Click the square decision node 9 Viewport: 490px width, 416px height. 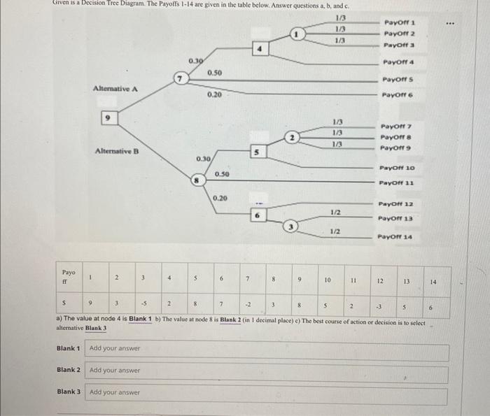[108, 120]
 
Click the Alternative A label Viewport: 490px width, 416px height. [116, 88]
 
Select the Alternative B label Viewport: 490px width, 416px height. [116, 151]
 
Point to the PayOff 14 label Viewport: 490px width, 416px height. [397, 237]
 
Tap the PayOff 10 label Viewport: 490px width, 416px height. [397, 168]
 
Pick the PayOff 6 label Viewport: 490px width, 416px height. [397, 95]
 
